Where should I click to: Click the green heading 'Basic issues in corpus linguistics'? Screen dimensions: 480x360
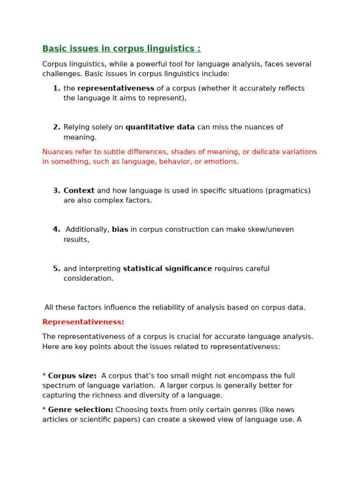[x=121, y=49]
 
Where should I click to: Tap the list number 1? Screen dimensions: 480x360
[x=56, y=89]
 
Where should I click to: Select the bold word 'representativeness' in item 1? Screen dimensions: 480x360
[x=116, y=89]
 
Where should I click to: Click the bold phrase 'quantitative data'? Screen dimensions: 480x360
[x=160, y=127]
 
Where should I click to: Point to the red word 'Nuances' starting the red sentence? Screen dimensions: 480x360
[x=58, y=152]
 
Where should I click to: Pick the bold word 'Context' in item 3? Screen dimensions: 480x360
[x=79, y=191]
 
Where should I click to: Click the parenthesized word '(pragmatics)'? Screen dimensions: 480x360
[x=288, y=191]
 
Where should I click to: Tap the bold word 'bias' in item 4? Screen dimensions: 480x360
[x=120, y=230]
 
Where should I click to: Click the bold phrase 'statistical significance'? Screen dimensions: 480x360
[x=167, y=269]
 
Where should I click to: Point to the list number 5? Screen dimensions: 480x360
[x=56, y=269]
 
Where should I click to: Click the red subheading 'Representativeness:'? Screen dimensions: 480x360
[x=83, y=322]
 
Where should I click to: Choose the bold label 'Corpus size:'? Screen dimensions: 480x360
[x=72, y=376]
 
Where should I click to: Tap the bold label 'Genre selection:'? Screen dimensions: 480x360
[x=81, y=410]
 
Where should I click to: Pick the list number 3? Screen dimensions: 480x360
[x=56, y=191]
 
